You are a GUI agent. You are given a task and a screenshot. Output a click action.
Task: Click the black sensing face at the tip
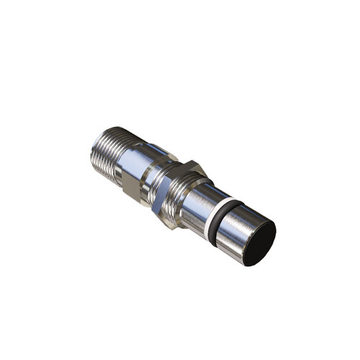(x=259, y=243)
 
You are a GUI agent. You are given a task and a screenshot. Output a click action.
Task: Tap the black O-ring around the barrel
(x=220, y=217)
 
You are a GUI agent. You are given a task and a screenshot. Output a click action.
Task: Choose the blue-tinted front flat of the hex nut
(x=170, y=193)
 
